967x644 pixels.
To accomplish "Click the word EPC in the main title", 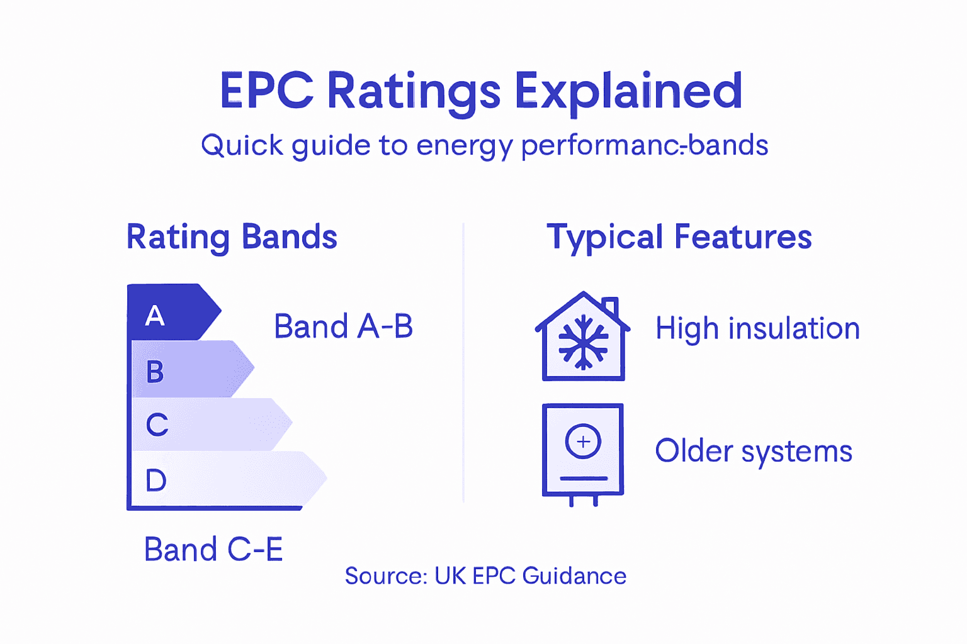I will coord(266,91).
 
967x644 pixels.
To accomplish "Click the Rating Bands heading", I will coord(232,237).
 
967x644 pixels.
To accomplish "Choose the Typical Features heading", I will coord(679,237).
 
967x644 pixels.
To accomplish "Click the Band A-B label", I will coord(343,327).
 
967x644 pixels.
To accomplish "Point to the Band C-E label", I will coord(213,550).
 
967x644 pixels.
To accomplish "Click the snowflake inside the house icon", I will coord(584,343).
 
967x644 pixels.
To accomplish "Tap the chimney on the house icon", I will coord(609,308).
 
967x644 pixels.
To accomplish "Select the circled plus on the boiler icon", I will coord(583,441).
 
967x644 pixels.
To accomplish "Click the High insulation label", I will coord(757,329).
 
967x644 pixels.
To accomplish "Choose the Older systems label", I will coord(754,452).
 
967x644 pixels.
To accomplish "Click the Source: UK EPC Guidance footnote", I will coord(485,576).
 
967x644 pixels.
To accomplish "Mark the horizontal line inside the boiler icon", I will coord(583,479).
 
